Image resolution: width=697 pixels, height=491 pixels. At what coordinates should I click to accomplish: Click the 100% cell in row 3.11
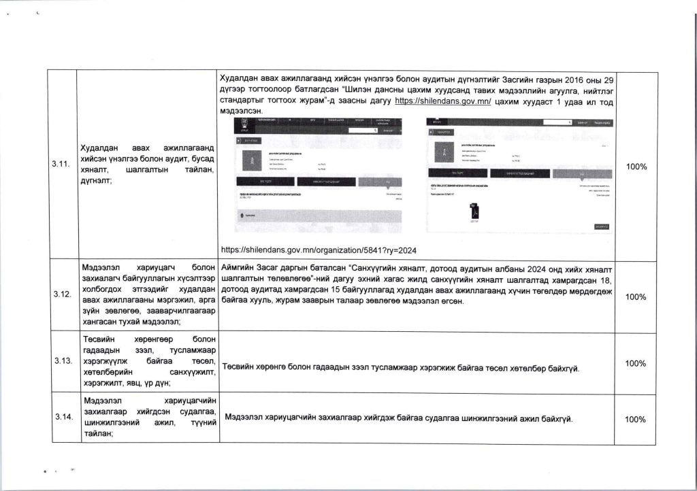pyautogui.click(x=636, y=167)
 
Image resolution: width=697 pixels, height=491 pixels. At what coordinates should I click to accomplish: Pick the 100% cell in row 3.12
pyautogui.click(x=636, y=297)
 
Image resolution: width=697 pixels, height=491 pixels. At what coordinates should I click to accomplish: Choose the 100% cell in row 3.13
pyautogui.click(x=636, y=363)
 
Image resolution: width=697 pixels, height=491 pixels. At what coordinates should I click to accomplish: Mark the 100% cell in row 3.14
pyautogui.click(x=636, y=419)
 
